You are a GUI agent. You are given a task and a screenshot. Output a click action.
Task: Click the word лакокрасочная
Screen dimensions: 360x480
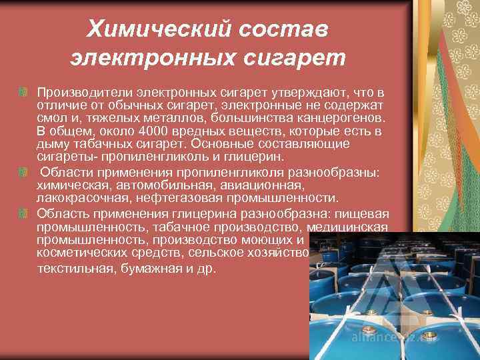(77, 199)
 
